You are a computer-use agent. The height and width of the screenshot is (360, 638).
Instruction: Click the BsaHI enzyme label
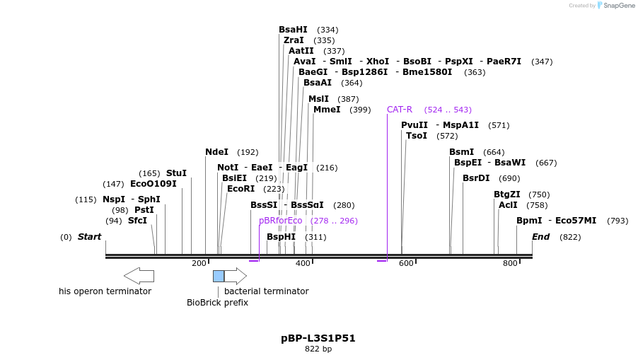click(293, 30)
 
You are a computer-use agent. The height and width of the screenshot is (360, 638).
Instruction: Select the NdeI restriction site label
click(216, 152)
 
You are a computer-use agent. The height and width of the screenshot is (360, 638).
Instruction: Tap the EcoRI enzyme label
click(240, 189)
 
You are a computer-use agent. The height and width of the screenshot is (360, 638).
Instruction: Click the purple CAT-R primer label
click(399, 110)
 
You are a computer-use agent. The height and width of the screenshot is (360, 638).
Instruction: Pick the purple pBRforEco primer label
click(280, 221)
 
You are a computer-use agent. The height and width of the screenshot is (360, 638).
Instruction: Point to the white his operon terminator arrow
click(139, 276)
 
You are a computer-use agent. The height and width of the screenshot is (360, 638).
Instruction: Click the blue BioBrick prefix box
click(219, 276)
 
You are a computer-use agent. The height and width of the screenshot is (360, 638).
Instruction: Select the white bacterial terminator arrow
click(236, 276)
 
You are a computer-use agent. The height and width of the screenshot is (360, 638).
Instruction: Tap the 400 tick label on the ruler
click(303, 264)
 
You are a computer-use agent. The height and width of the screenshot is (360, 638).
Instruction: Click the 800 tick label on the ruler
click(510, 264)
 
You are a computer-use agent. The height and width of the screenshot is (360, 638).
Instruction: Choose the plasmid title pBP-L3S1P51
click(318, 338)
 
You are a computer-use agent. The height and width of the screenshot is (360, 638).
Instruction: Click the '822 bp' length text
click(318, 349)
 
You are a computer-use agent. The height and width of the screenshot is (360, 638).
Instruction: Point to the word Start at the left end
click(89, 237)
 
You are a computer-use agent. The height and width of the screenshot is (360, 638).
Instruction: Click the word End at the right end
click(540, 237)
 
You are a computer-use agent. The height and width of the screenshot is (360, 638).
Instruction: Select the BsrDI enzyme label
click(476, 178)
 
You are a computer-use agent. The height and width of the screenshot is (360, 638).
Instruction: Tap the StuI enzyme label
click(176, 173)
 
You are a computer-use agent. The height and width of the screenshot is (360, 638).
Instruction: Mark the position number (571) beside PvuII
click(499, 125)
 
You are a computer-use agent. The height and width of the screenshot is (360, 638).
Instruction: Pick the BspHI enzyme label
click(281, 237)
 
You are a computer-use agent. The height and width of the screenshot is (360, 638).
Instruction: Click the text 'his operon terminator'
click(105, 291)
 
